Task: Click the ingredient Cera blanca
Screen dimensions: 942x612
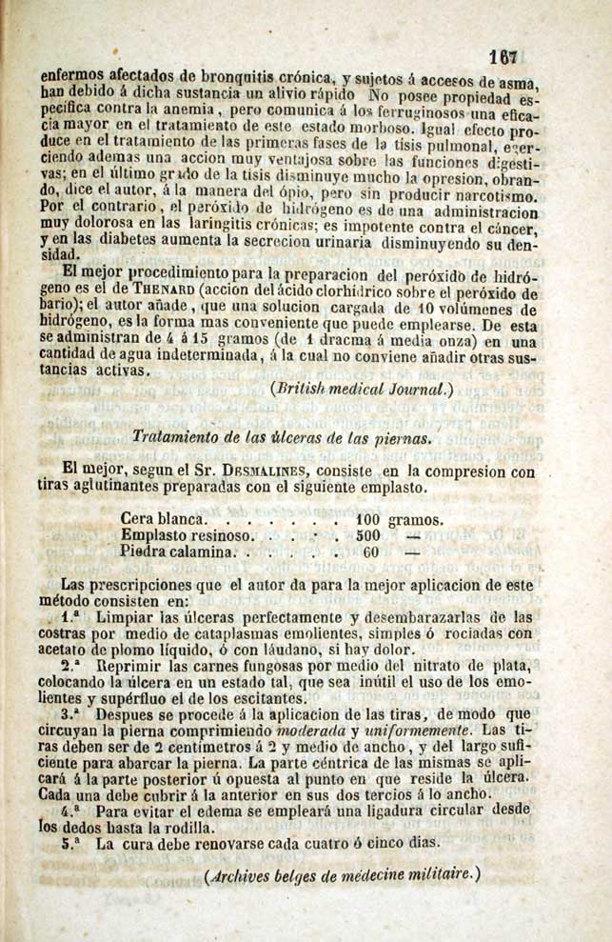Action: pyautogui.click(x=163, y=520)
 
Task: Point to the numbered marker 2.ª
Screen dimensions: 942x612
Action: pyautogui.click(x=69, y=667)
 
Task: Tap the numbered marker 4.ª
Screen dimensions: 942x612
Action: pyautogui.click(x=69, y=812)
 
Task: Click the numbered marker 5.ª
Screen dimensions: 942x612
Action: pyautogui.click(x=69, y=845)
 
